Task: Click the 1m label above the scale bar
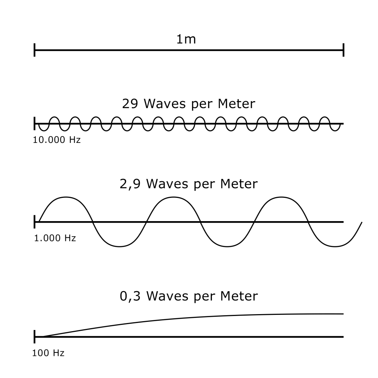click(186, 39)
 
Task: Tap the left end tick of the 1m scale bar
click(35, 50)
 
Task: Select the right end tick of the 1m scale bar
click(344, 50)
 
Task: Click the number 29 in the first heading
click(130, 104)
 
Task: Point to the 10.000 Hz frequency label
click(56, 140)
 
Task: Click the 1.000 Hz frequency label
click(55, 238)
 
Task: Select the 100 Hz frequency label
click(48, 353)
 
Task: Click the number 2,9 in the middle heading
click(130, 184)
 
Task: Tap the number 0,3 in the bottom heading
click(130, 296)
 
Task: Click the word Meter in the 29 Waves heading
click(236, 104)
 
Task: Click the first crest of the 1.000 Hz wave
click(66, 197)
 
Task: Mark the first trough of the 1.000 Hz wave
click(120, 246)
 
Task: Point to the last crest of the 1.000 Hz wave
click(281, 197)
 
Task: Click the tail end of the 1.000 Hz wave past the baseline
click(362, 223)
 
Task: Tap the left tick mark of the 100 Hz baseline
click(35, 337)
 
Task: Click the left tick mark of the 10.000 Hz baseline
click(35, 123)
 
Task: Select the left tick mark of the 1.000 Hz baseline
click(35, 222)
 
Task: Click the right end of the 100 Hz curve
click(343, 314)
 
